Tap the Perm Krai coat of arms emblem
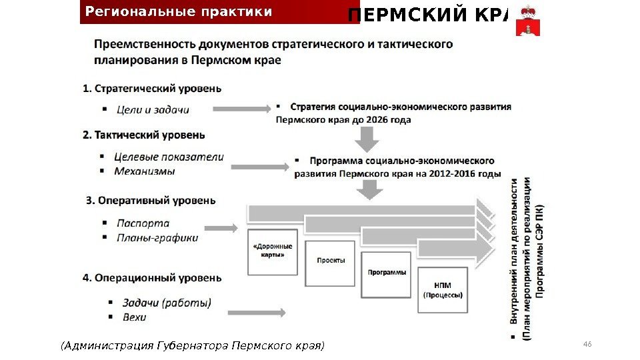(x=528, y=19)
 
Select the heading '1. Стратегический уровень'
(x=153, y=88)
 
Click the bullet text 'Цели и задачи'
(x=153, y=110)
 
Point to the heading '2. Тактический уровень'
(x=144, y=135)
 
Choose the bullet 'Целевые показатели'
(x=169, y=157)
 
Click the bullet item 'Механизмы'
(x=145, y=171)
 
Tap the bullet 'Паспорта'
(x=143, y=223)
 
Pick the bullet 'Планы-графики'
(x=157, y=237)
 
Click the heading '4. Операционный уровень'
(x=152, y=277)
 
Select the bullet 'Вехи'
(x=135, y=317)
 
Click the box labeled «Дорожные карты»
(x=273, y=251)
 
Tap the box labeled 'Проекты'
(x=331, y=262)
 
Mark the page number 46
(x=587, y=344)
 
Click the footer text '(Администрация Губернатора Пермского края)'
(x=192, y=346)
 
